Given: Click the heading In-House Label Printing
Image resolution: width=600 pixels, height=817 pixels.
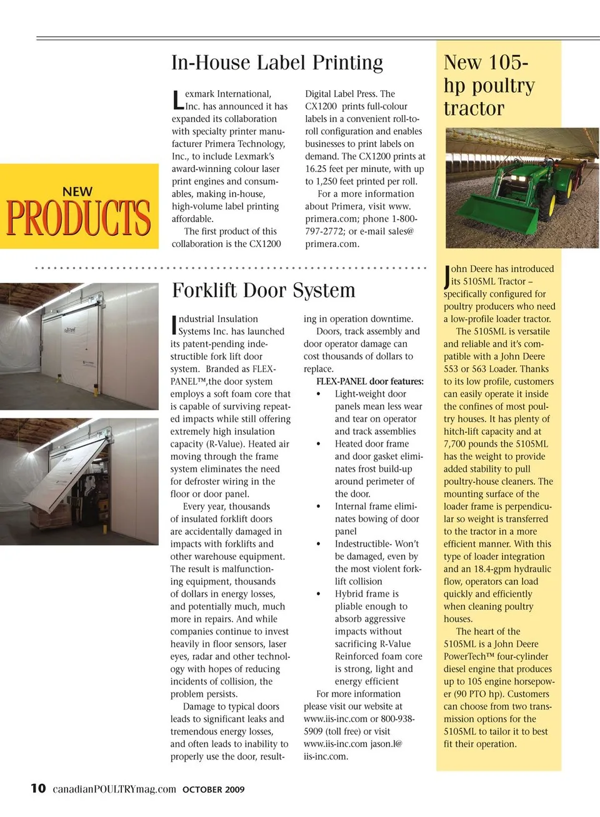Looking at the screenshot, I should coord(277,63).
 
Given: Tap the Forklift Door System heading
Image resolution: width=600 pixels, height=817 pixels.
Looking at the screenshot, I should coord(263,290).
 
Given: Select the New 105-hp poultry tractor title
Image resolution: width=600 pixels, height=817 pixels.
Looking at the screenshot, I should coord(489,85).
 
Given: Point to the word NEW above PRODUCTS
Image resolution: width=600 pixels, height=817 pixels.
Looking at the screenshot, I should coord(77,191).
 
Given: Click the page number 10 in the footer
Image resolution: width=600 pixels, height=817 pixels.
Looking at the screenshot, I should coord(38,788).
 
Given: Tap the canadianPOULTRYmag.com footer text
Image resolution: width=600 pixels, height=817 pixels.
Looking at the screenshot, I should coord(114,789).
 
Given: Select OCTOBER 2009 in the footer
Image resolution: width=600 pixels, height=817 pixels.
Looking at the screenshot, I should coord(213,789).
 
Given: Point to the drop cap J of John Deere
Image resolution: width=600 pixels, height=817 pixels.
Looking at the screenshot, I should coord(447,275).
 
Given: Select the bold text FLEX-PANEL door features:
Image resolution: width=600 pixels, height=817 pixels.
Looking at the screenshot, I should coord(369,381).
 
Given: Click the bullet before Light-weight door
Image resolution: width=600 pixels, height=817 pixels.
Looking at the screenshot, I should coord(319,394).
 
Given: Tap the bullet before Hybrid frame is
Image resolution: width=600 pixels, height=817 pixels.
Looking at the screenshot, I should coord(319,594).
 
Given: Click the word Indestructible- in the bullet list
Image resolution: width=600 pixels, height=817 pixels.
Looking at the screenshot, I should coord(363,544).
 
